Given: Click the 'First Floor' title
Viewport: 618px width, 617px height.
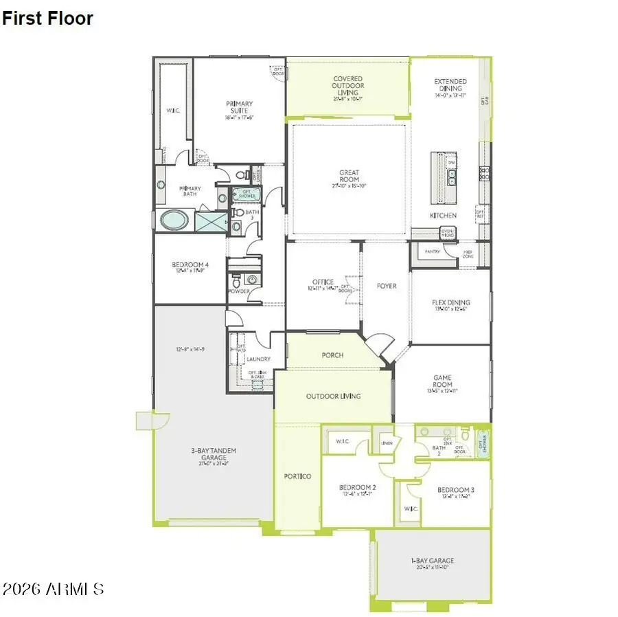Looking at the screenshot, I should coord(47,19).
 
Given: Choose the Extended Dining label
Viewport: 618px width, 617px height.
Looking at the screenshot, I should coord(450,88).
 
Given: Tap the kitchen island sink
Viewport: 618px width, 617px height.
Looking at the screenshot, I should coord(453,179).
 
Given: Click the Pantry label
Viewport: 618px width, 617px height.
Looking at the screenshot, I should coord(431,252).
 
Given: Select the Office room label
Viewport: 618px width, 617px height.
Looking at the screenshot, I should coord(323,282).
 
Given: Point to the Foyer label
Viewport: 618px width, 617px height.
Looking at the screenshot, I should coord(387,286).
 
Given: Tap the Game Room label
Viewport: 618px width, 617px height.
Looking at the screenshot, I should coord(442,381).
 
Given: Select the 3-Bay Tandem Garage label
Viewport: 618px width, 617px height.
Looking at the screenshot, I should coord(214,454).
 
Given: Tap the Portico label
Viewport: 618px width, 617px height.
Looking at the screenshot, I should coord(297,476).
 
